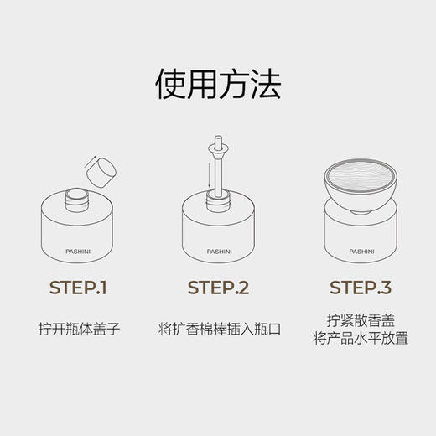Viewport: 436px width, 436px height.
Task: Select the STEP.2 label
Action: [218, 289]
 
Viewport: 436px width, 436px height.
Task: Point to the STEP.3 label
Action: [360, 289]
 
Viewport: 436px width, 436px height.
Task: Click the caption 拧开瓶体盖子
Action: [80, 329]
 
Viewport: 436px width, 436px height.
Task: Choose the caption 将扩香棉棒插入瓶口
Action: [218, 329]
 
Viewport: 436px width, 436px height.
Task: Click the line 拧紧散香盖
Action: [360, 319]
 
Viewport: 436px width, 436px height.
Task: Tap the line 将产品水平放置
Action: [360, 338]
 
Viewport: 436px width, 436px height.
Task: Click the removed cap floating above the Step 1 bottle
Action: [101, 171]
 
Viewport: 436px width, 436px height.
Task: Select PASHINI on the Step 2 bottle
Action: [218, 249]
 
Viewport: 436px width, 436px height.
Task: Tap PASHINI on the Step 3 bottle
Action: [360, 249]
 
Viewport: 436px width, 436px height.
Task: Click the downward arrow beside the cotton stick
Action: [208, 176]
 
